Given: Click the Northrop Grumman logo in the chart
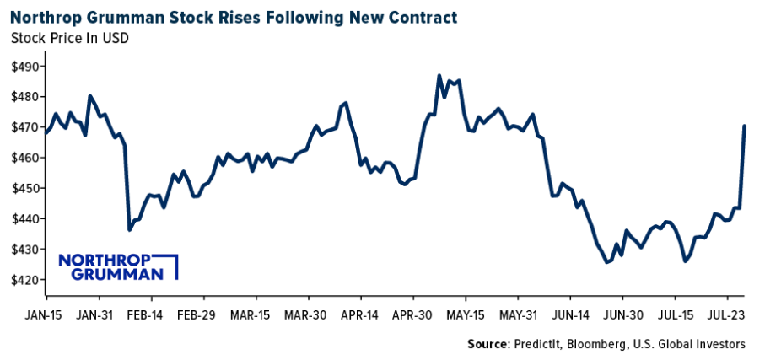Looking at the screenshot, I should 117,266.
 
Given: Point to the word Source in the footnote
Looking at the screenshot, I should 488,344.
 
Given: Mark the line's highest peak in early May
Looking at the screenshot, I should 439,75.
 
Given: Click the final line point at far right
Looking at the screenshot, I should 744,126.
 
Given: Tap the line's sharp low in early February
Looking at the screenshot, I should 129,229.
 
